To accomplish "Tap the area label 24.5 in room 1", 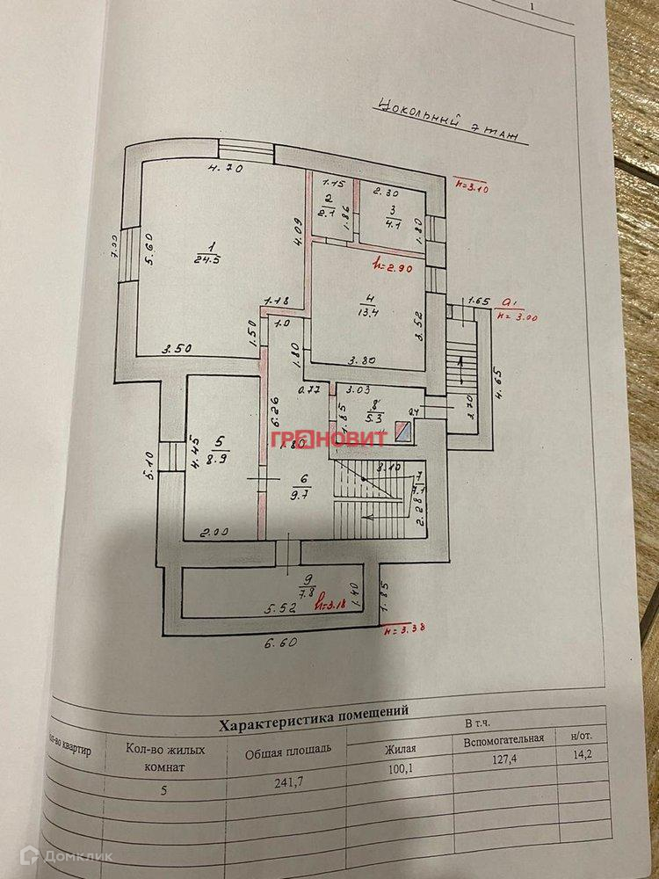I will click(206, 258).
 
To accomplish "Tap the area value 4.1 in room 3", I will click(393, 224).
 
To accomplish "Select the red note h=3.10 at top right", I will click(475, 185).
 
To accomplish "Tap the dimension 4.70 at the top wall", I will click(224, 167).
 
